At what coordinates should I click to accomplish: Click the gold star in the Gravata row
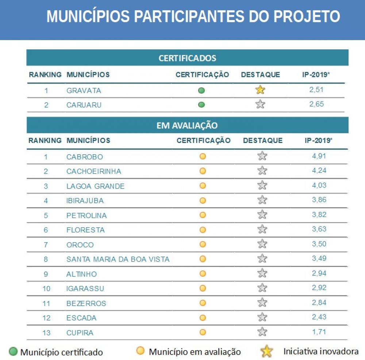(260, 90)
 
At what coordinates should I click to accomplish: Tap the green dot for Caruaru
(201, 105)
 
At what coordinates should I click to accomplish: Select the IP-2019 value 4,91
(319, 156)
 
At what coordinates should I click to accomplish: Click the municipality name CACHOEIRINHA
(93, 171)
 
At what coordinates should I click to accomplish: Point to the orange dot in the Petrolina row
(203, 215)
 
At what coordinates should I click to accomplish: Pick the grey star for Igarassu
(262, 288)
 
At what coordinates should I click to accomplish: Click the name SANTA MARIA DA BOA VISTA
(118, 259)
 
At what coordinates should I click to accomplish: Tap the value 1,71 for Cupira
(319, 332)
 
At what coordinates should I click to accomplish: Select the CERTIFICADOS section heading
(187, 58)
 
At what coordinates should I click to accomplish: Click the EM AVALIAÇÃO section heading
(187, 125)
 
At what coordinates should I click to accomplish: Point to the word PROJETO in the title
(307, 16)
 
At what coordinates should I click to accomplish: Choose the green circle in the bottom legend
(13, 351)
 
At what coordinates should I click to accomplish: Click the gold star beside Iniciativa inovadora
(266, 351)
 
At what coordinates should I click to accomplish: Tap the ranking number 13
(46, 333)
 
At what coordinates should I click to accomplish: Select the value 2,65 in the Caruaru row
(316, 104)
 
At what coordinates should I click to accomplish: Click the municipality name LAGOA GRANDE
(95, 186)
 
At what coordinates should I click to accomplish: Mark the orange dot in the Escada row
(203, 318)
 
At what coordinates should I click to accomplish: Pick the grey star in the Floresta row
(262, 229)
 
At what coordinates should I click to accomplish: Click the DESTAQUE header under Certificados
(261, 75)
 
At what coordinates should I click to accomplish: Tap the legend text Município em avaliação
(195, 352)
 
